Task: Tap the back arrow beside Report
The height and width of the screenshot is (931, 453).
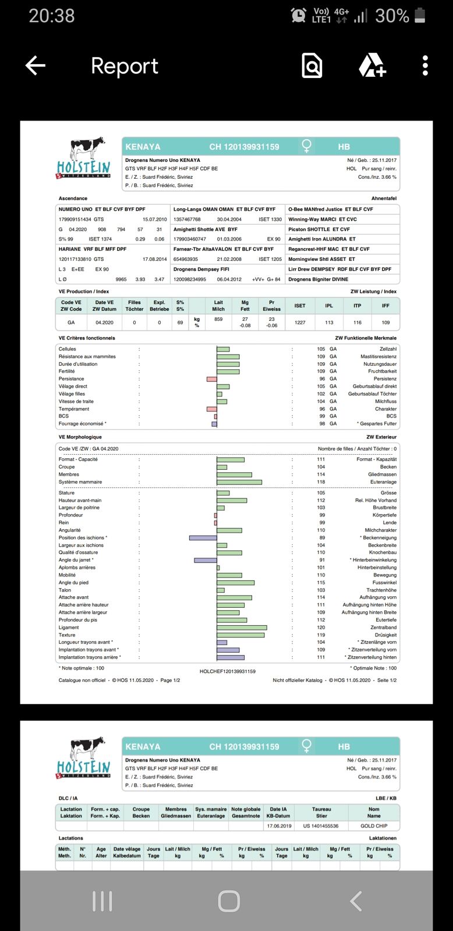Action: tap(36, 66)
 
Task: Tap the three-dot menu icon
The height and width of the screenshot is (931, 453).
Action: tap(426, 66)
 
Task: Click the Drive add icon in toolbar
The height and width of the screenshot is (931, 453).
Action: tap(372, 66)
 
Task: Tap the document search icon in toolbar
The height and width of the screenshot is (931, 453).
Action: tap(312, 66)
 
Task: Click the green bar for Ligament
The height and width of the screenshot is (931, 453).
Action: tap(242, 628)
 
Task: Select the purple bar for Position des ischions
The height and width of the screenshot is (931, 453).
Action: tap(203, 538)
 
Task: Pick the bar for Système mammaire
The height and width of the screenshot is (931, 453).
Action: tap(239, 482)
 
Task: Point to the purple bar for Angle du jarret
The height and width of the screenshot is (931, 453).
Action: tap(205, 560)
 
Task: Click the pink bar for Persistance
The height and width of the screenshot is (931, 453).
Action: tap(211, 379)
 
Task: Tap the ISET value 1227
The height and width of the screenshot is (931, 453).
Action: tap(300, 323)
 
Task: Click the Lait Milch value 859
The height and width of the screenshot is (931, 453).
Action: tap(218, 319)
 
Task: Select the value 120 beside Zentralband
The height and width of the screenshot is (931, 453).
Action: tap(321, 628)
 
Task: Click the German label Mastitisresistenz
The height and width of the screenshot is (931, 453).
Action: tap(378, 356)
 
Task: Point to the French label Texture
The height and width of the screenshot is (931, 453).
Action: tap(67, 635)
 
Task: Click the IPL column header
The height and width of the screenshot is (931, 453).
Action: tap(329, 306)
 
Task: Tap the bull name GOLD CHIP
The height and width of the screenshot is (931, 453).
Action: tap(374, 826)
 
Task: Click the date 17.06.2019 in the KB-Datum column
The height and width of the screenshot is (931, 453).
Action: tap(279, 826)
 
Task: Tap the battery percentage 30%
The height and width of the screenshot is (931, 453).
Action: tap(392, 16)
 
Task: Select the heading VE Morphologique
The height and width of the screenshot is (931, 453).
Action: tap(80, 437)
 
